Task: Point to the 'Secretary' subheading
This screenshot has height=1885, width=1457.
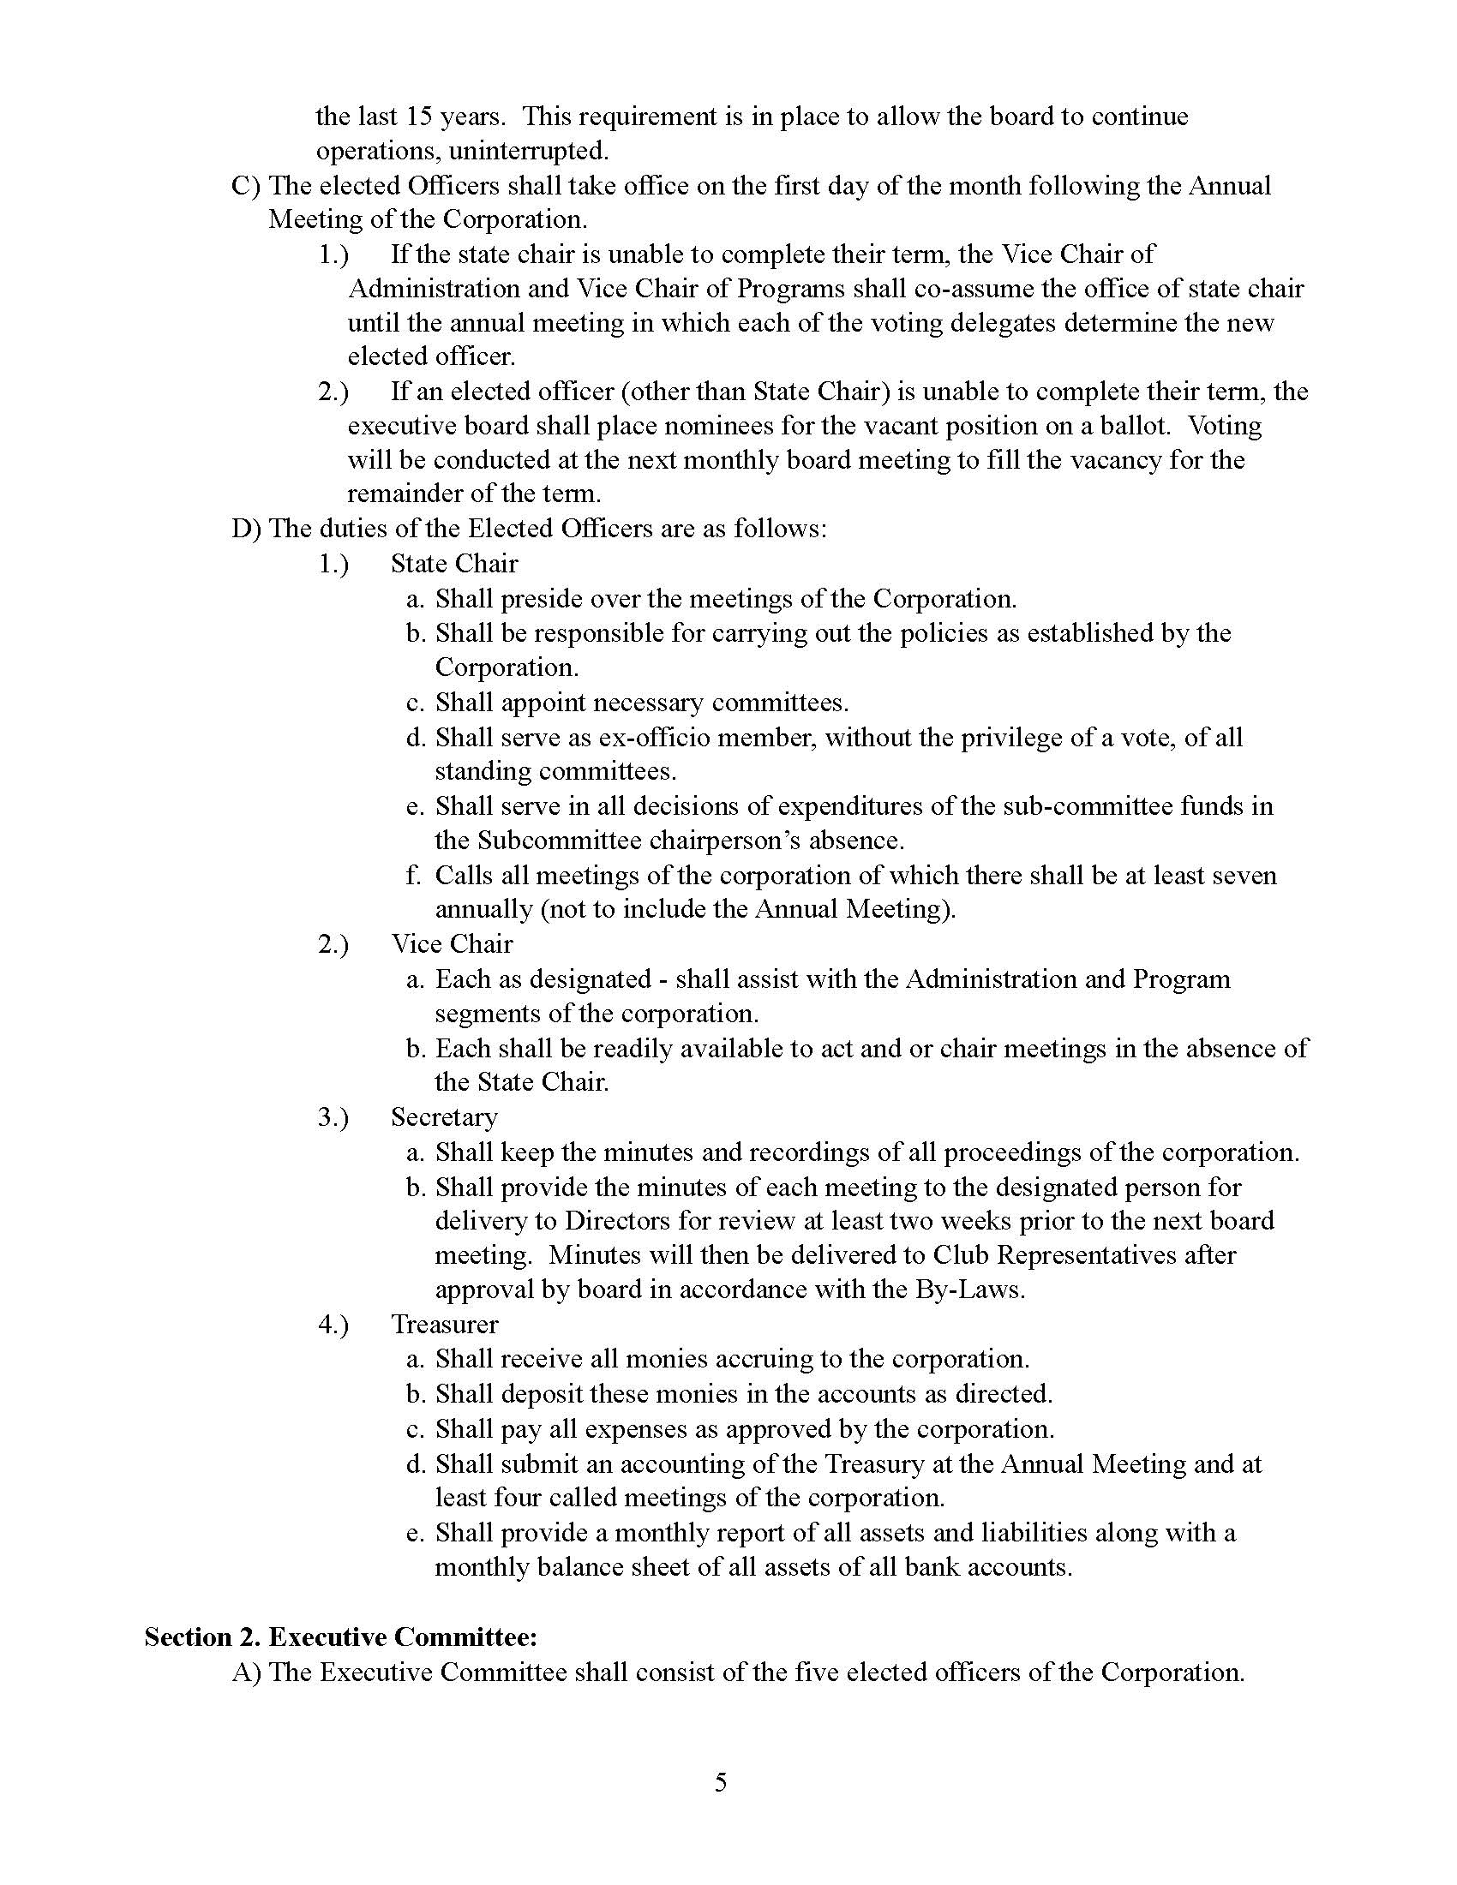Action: click(444, 1116)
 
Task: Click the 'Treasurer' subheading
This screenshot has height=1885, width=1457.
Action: click(445, 1324)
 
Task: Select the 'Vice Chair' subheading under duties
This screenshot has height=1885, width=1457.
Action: click(452, 943)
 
